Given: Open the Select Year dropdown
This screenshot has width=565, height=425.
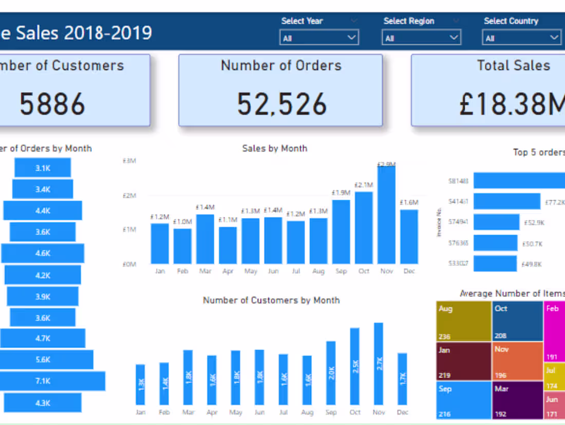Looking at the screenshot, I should pos(319,38).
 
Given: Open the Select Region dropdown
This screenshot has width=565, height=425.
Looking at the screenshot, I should pos(421,38).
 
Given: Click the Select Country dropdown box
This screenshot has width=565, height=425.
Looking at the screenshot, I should pos(521,38).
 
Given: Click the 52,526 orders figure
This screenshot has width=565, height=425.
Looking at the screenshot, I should pos(281,104).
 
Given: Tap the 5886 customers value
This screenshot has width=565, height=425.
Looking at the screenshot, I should pos(52,104).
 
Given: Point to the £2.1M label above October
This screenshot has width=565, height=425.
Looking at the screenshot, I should pos(364,185).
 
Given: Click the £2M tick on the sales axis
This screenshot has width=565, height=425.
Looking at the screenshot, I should pos(129,196).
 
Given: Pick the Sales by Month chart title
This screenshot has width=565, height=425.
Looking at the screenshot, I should pos(274,148).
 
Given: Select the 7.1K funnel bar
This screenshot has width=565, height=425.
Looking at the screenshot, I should pos(51,381).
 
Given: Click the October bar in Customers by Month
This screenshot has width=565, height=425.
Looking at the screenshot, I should pos(355,366).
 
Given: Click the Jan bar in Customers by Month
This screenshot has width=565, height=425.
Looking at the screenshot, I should pos(140,384).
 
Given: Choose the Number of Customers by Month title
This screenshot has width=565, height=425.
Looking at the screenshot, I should pos(271,300).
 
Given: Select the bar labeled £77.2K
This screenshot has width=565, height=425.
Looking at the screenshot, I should pos(507,201).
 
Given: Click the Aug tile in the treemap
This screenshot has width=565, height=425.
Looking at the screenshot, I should pos(463,321).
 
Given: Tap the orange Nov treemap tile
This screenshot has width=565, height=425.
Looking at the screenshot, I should pos(517,361).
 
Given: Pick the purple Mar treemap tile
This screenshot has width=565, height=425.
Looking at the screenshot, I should pos(517,400).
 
